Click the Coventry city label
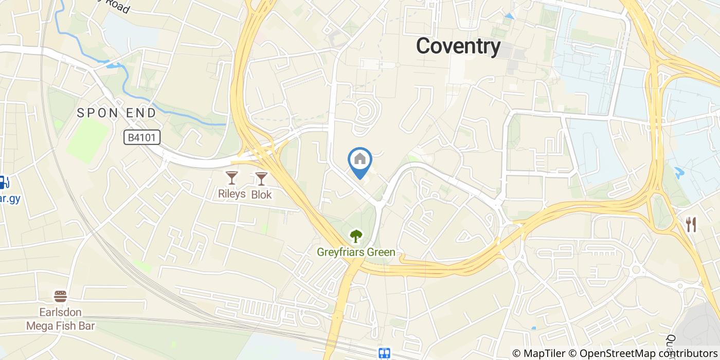[x=458, y=46]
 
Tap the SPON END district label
[x=116, y=113]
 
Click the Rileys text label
[x=232, y=195]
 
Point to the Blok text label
[x=261, y=195]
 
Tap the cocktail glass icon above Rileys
[x=232, y=178]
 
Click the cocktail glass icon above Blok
[x=261, y=178]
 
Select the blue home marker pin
[x=360, y=161]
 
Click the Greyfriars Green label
[x=356, y=252]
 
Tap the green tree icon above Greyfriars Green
[x=355, y=236]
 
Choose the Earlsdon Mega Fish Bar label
[x=61, y=319]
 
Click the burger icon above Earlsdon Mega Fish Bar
[x=61, y=296]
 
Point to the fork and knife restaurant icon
[x=691, y=224]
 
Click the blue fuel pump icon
[x=3, y=182]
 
